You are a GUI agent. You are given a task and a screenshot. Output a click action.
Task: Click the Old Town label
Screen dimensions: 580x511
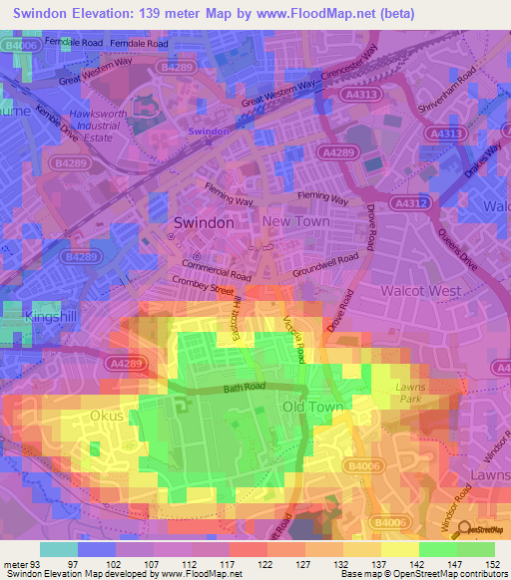pyautogui.click(x=313, y=408)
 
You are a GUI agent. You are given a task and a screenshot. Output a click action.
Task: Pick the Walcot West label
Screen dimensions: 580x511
pyautogui.click(x=420, y=290)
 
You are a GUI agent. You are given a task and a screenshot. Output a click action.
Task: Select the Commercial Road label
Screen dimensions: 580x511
pyautogui.click(x=217, y=270)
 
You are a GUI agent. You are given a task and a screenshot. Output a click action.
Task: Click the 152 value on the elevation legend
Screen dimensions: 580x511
pyautogui.click(x=494, y=565)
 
